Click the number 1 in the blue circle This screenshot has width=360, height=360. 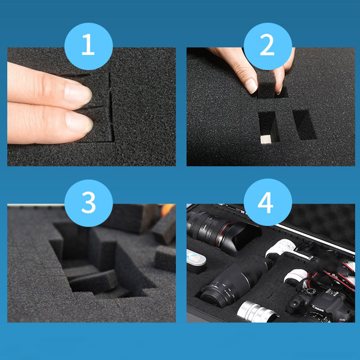coord(88,45)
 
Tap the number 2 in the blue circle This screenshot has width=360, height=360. coord(267,45)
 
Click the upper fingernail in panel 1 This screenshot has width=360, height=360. coord(78,93)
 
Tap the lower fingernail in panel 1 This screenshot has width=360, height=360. coord(79,121)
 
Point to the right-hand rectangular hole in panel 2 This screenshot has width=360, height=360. coord(305,124)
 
